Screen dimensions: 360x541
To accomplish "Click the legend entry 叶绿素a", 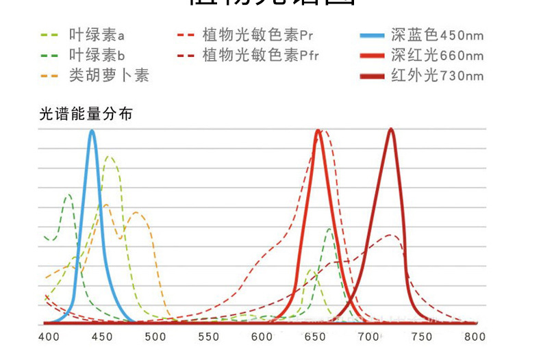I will point(97,34).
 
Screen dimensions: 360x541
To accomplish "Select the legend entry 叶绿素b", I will point(97,55).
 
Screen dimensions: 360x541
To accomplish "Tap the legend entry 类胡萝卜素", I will point(108,75).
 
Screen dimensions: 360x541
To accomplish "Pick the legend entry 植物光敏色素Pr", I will point(257,34).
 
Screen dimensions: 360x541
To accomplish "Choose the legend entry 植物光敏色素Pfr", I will point(260,55).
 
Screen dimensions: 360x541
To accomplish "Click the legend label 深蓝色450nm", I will point(436,34).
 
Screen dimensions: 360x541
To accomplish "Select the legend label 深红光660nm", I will point(436,55).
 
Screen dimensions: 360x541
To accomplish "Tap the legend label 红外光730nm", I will point(436,75).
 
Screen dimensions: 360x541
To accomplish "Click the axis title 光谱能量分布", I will point(86,114).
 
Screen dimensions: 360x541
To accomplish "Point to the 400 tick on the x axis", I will point(48,337).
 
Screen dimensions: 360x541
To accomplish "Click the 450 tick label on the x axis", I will point(101,337).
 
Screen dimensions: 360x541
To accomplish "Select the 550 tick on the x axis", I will point(208,337).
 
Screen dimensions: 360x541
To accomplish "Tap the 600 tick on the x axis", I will point(262,337).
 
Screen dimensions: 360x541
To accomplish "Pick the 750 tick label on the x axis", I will point(421,337).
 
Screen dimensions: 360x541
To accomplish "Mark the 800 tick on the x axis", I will point(475,337).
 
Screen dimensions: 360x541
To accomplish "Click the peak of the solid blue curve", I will point(92,131).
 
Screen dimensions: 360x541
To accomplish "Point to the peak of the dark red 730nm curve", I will point(390,129).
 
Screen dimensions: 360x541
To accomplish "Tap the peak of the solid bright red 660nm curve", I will point(318,131).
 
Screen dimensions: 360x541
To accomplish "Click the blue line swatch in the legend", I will point(372,34).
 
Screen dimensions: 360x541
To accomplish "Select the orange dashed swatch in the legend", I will point(50,75).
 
